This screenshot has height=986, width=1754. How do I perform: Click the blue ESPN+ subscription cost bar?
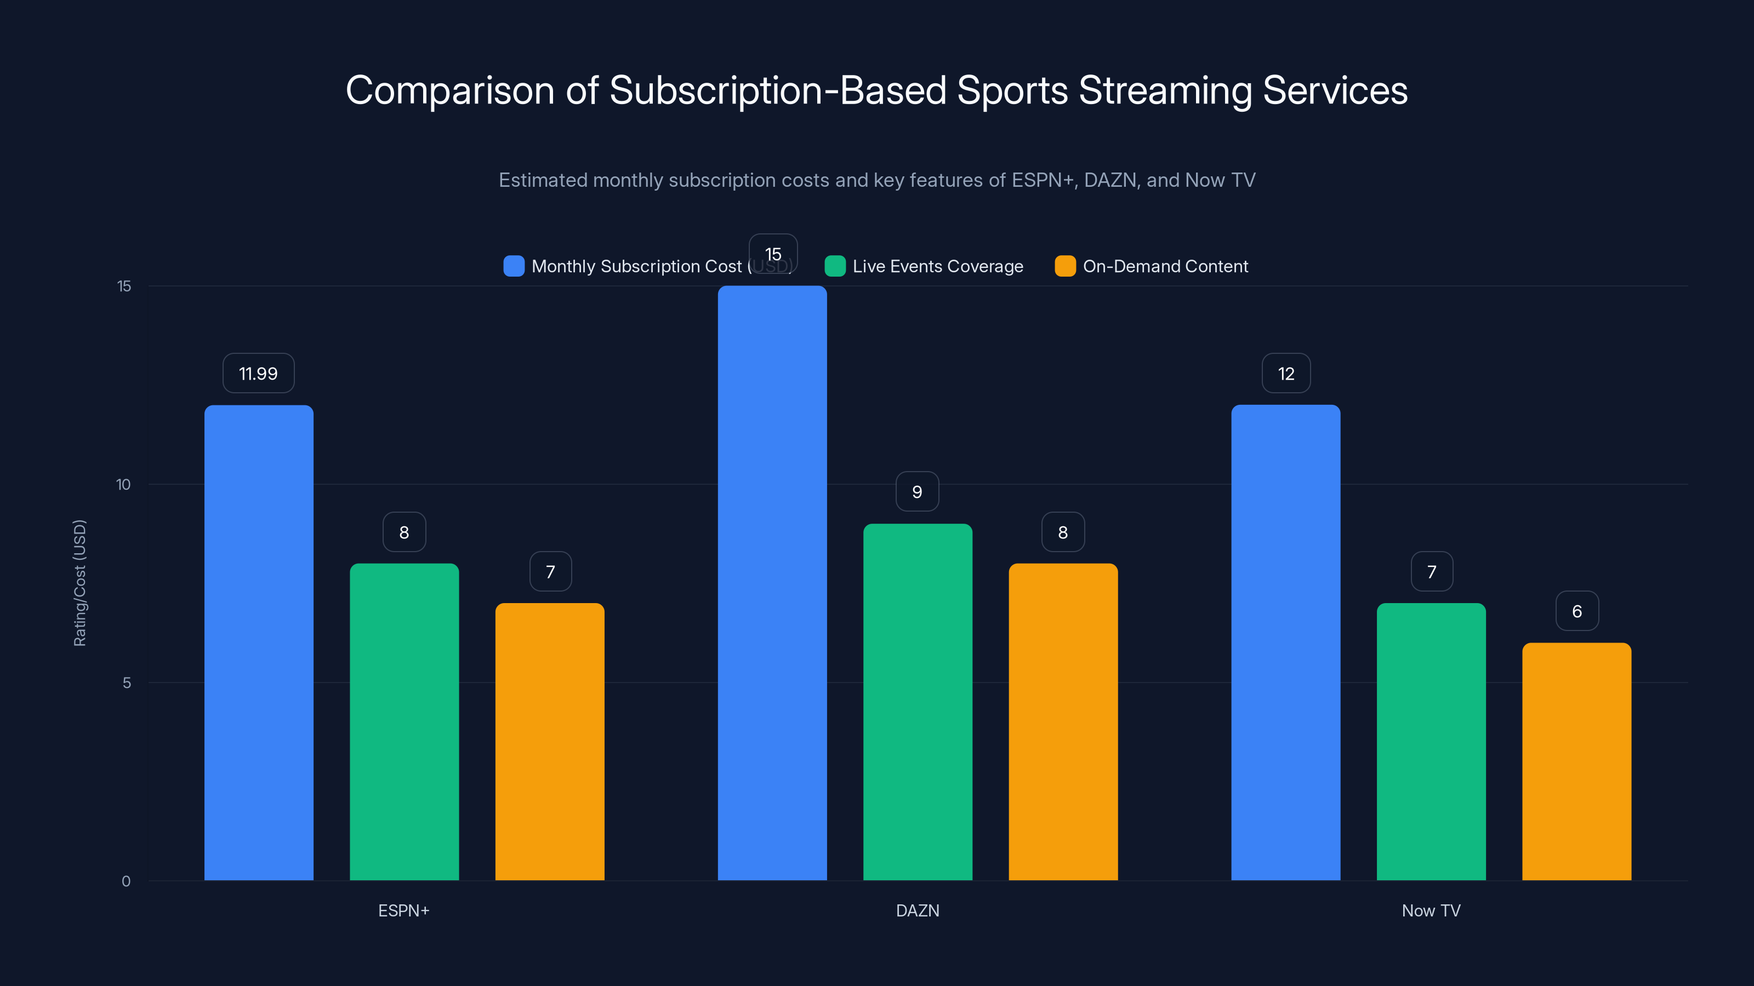point(259,643)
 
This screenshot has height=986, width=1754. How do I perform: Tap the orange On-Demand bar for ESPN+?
point(549,741)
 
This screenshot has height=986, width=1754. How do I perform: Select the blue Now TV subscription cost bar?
point(1285,643)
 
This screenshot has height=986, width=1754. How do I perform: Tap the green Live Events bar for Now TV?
point(1431,741)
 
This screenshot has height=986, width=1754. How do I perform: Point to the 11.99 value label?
point(258,373)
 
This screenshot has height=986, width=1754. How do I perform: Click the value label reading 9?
point(917,491)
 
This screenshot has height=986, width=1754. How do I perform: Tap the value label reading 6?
point(1577,611)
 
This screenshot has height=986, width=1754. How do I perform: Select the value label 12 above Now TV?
point(1285,373)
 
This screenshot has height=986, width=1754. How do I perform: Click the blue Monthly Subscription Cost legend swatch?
point(514,266)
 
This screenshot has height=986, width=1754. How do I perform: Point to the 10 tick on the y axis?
point(123,484)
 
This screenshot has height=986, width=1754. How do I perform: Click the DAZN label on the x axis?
point(917,910)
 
